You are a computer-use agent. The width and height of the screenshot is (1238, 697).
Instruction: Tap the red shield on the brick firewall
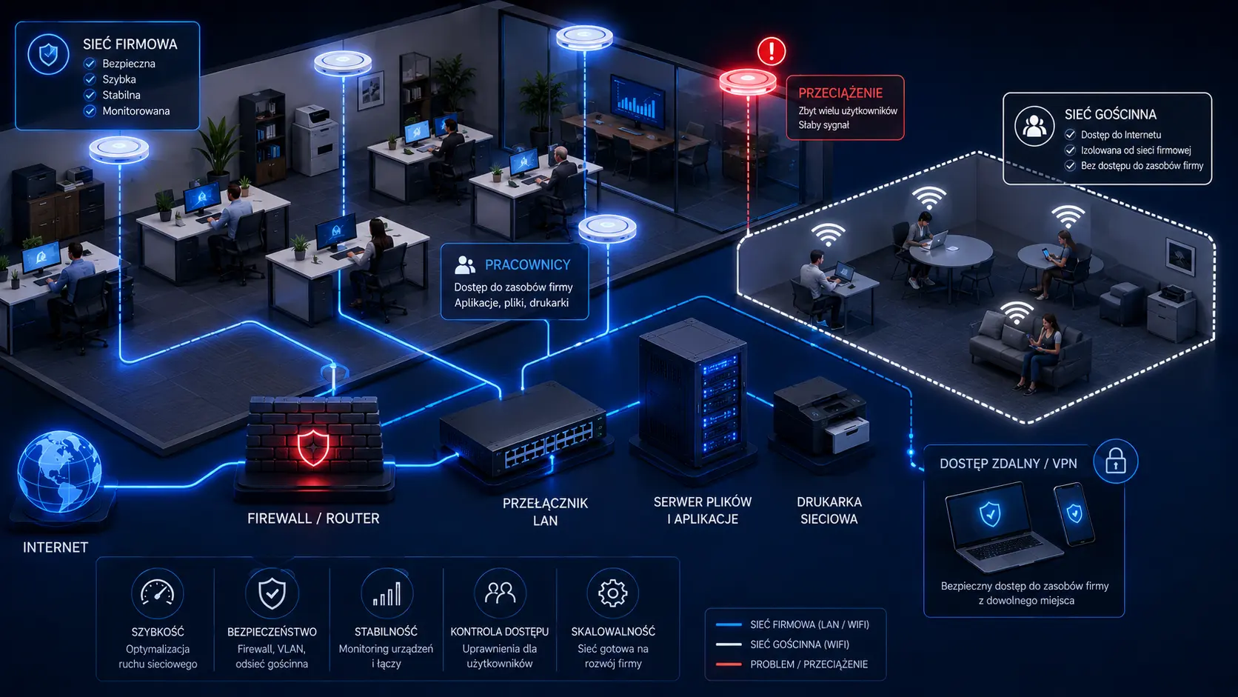[x=313, y=447]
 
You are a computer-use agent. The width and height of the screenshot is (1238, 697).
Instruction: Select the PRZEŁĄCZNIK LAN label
[x=545, y=511]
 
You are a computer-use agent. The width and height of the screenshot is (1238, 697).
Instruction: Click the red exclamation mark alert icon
[x=772, y=51]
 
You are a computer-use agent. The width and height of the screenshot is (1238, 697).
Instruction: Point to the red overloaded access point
[x=748, y=81]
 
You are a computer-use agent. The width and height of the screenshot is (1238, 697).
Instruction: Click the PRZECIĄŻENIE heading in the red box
[x=840, y=93]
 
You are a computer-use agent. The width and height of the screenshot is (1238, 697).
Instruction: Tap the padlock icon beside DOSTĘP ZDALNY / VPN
[x=1115, y=461]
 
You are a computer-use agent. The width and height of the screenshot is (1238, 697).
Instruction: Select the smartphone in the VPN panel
[x=1074, y=514]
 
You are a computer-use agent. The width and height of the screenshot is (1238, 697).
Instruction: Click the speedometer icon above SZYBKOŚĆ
[x=158, y=593]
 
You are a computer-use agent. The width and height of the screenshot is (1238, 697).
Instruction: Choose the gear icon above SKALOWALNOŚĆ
[x=612, y=593]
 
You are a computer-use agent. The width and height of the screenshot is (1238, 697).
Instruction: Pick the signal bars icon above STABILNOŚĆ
[x=387, y=593]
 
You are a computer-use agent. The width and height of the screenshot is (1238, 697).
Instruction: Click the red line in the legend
[x=729, y=664]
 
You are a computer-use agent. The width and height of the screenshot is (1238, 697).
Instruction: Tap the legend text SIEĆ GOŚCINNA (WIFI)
[x=799, y=644]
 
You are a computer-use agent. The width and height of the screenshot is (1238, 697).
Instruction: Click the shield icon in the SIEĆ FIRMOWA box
[x=49, y=54]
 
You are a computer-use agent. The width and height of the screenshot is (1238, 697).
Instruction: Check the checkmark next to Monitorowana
[x=90, y=111]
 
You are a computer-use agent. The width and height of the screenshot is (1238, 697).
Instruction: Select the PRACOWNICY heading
[x=527, y=264]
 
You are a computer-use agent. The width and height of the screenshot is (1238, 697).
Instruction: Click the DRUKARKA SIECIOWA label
[x=829, y=510]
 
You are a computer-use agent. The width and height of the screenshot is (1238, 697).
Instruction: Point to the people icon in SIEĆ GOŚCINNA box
[x=1034, y=126]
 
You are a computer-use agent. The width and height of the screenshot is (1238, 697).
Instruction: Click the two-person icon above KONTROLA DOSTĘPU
[x=500, y=593]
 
